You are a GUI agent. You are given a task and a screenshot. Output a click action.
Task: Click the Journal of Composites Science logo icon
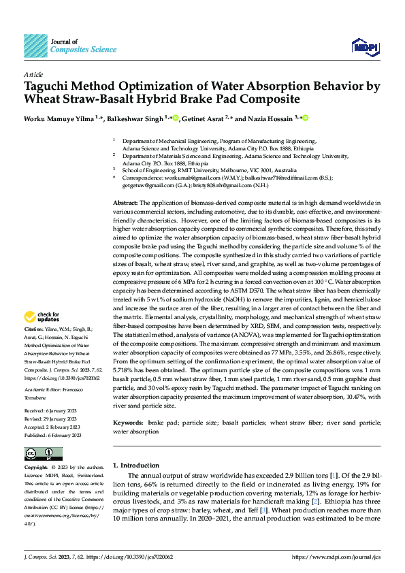pos(35,46)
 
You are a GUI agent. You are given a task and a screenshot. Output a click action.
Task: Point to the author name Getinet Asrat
pos(204,118)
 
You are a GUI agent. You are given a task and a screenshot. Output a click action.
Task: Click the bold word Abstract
pos(125,203)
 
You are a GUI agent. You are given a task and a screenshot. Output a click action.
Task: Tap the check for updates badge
pos(43,316)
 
